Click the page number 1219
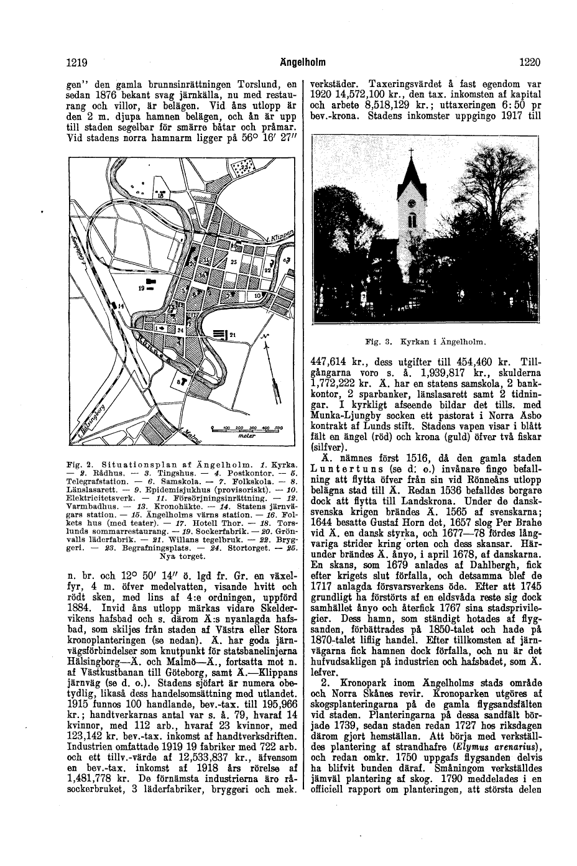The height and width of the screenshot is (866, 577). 76,62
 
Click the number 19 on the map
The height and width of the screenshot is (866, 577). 142,288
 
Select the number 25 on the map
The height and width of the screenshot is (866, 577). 234,263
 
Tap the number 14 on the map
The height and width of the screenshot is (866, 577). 120,307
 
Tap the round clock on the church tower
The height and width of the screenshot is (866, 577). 410,201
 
